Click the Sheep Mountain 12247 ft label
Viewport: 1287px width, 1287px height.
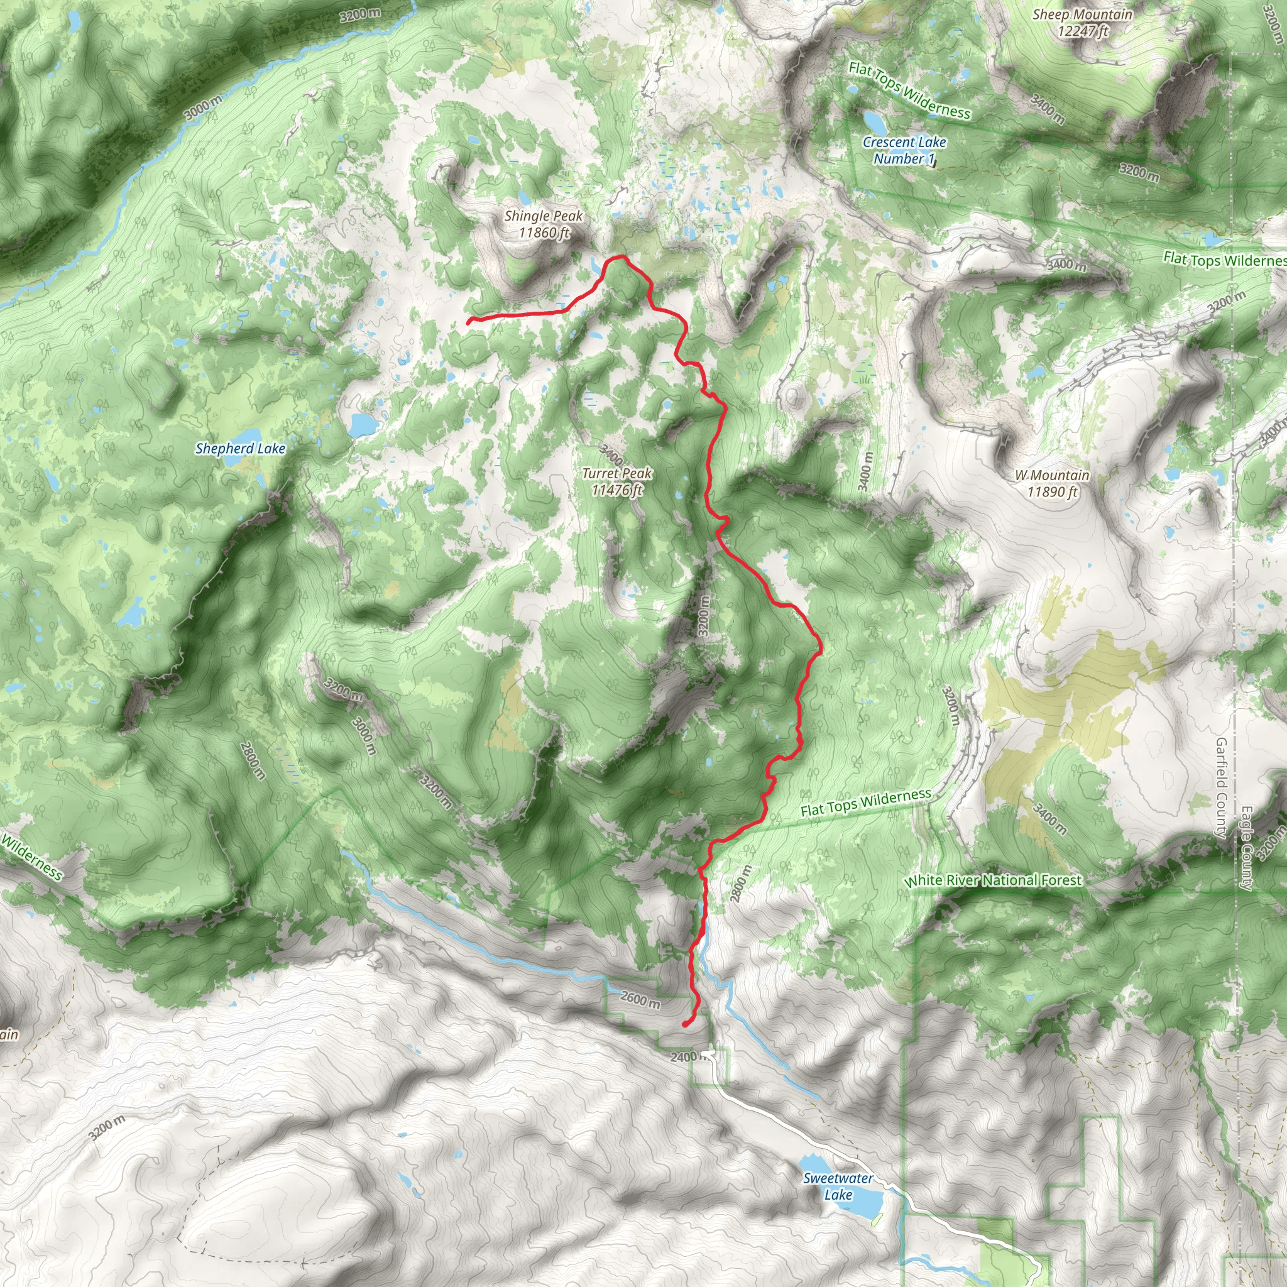pyautogui.click(x=1082, y=23)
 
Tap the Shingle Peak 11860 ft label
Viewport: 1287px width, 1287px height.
pyautogui.click(x=544, y=224)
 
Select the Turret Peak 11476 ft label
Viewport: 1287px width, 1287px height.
pyautogui.click(x=617, y=481)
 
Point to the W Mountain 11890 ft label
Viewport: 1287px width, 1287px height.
pyautogui.click(x=1052, y=484)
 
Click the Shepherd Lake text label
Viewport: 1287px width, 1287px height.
pyautogui.click(x=240, y=448)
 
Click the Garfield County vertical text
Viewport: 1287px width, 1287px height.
pyautogui.click(x=1221, y=787)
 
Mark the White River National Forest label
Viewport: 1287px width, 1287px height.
pyautogui.click(x=992, y=880)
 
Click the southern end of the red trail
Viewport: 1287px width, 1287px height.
pyautogui.click(x=685, y=1024)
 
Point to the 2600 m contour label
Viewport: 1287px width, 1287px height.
pyautogui.click(x=640, y=999)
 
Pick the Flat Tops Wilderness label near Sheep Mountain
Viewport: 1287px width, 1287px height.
pyautogui.click(x=909, y=90)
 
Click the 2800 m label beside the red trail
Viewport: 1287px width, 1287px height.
pyautogui.click(x=741, y=884)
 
